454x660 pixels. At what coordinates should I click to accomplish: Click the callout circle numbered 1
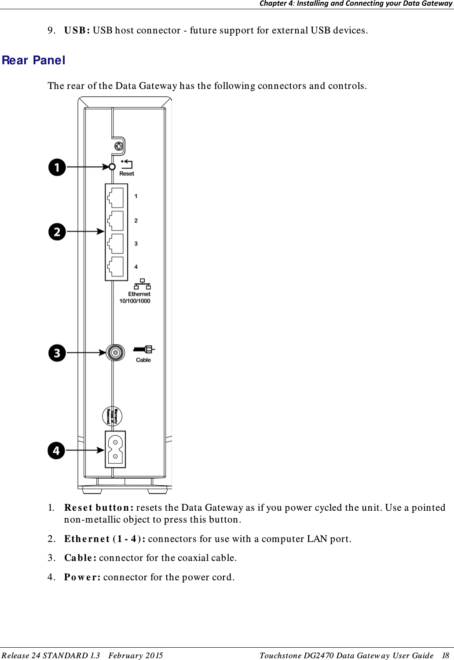click(57, 167)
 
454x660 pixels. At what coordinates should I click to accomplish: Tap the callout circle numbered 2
click(57, 232)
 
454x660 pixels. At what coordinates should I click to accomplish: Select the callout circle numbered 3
click(57, 353)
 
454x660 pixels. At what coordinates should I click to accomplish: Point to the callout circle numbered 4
click(56, 450)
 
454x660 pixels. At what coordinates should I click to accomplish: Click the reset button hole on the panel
click(112, 167)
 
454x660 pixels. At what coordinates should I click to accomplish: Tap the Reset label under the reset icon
click(127, 173)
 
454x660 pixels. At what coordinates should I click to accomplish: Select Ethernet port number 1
click(116, 197)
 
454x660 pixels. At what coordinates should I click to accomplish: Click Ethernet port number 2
click(116, 221)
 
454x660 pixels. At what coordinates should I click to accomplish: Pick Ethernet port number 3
click(116, 243)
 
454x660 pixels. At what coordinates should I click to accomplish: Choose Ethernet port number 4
click(116, 267)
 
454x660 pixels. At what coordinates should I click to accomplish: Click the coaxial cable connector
click(116, 353)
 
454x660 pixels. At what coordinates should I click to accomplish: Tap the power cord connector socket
click(115, 449)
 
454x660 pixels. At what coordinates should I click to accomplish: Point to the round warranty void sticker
click(112, 416)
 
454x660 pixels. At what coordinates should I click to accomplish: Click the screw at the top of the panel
click(118, 146)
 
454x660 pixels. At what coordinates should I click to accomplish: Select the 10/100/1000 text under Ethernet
click(135, 301)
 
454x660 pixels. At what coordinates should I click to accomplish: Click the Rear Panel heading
click(33, 60)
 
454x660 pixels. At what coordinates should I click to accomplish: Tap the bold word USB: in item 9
click(77, 30)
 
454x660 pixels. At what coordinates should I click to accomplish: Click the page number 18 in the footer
click(445, 655)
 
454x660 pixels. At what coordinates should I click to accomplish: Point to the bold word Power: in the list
click(82, 577)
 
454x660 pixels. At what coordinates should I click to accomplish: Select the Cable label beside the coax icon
click(143, 360)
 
